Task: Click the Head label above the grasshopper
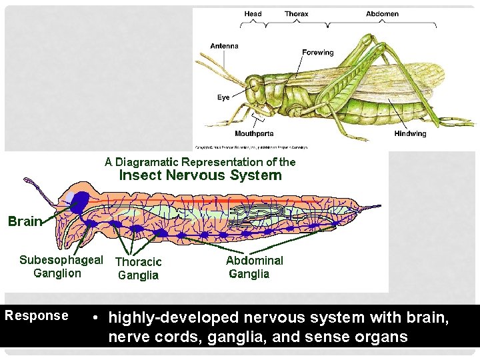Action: (x=253, y=14)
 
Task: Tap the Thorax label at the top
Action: (x=296, y=14)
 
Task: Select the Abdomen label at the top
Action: (x=382, y=14)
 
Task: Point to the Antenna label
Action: (x=224, y=46)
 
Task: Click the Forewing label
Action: (x=318, y=52)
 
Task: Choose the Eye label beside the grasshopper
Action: (x=223, y=97)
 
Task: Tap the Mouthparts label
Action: (x=254, y=134)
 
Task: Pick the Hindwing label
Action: (x=410, y=134)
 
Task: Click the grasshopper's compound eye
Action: (x=255, y=85)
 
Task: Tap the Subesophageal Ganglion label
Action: (x=61, y=267)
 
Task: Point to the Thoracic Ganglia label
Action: (x=138, y=269)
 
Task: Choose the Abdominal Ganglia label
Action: (x=254, y=267)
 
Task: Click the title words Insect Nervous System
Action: (x=200, y=175)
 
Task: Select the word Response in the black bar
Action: (x=37, y=316)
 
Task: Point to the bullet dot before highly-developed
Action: (x=97, y=317)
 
